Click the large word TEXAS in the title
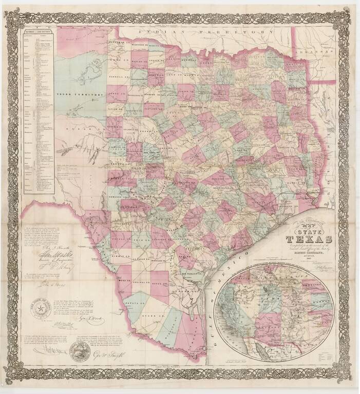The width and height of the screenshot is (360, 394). pyautogui.click(x=309, y=239)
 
